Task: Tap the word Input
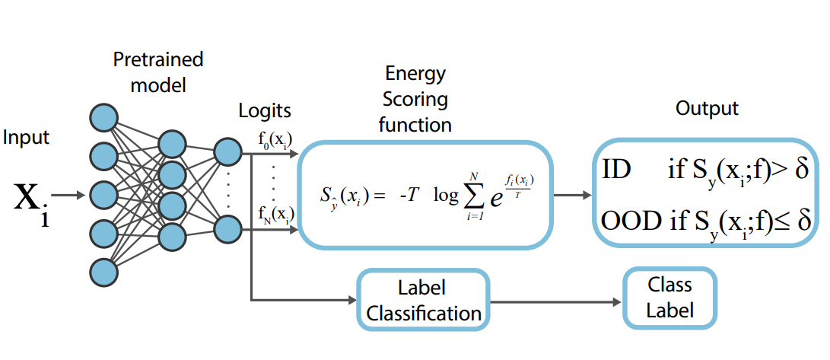[26, 139]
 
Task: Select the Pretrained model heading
[158, 72]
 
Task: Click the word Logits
[265, 110]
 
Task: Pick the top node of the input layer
[103, 117]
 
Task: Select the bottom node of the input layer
[103, 272]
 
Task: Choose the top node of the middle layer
[173, 144]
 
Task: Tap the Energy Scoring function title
[418, 100]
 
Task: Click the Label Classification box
[424, 300]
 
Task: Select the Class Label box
[669, 298]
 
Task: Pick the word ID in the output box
[616, 171]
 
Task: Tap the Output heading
[707, 109]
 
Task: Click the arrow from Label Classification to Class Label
[556, 302]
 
